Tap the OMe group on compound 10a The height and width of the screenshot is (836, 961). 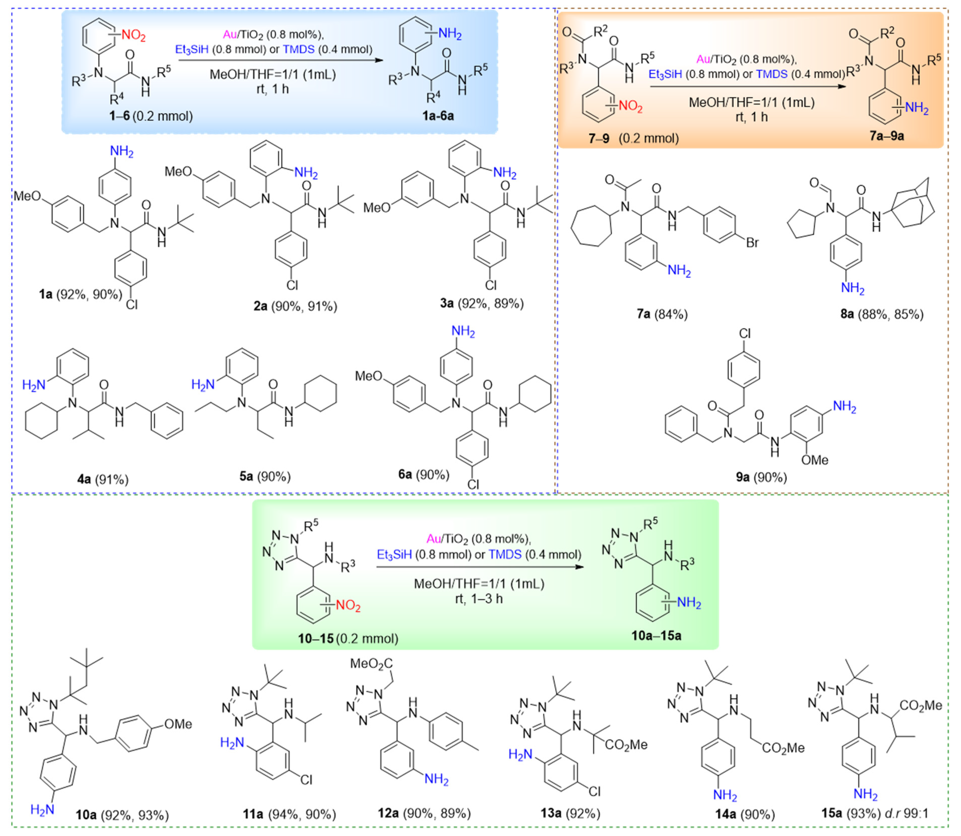pyautogui.click(x=178, y=724)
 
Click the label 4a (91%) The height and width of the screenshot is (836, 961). pyautogui.click(x=103, y=479)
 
